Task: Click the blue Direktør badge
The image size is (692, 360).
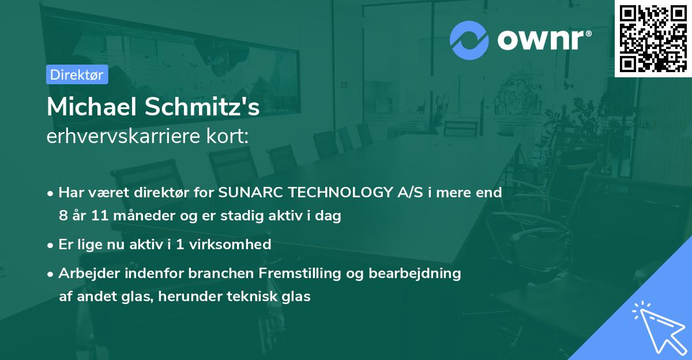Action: click(77, 74)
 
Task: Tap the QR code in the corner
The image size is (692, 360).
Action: click(653, 39)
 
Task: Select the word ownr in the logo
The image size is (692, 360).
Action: click(543, 40)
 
